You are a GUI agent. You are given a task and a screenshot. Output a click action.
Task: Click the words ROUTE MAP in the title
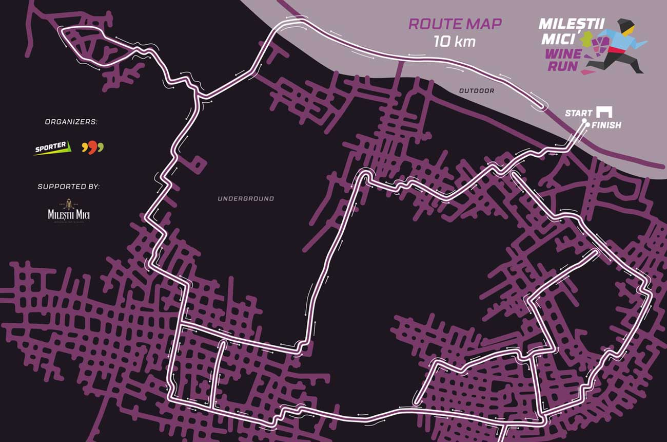(455, 24)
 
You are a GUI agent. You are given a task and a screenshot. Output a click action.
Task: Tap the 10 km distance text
(454, 41)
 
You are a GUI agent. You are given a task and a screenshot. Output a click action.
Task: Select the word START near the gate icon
(578, 113)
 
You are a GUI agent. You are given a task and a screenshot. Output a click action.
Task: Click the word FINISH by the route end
(606, 125)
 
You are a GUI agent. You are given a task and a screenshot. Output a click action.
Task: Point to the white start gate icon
(604, 112)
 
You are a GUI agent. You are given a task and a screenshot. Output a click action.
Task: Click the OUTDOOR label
(476, 91)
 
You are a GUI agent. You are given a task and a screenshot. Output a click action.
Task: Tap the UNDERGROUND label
(246, 198)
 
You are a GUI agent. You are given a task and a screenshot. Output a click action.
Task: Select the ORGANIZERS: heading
(71, 122)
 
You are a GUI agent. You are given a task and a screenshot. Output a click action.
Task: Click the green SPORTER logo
(51, 148)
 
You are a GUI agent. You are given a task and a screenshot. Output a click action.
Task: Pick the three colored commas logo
(92, 148)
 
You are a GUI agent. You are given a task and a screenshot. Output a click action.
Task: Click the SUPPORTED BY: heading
(68, 186)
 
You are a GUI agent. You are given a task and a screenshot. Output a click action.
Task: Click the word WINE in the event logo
(563, 53)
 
